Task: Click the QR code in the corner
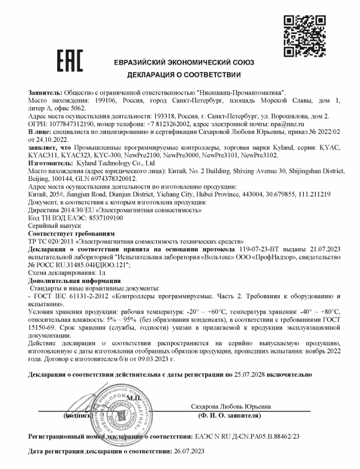pyautogui.click(x=304, y=36)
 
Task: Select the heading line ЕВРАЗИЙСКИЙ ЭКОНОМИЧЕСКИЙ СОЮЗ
pyautogui.click(x=184, y=63)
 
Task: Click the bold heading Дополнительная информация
pyautogui.click(x=74, y=281)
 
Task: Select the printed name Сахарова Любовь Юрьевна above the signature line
pyautogui.click(x=231, y=407)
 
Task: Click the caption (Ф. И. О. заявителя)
pyautogui.click(x=229, y=416)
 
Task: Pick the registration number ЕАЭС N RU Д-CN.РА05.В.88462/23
pyautogui.click(x=247, y=437)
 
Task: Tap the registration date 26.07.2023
pyautogui.click(x=188, y=451)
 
